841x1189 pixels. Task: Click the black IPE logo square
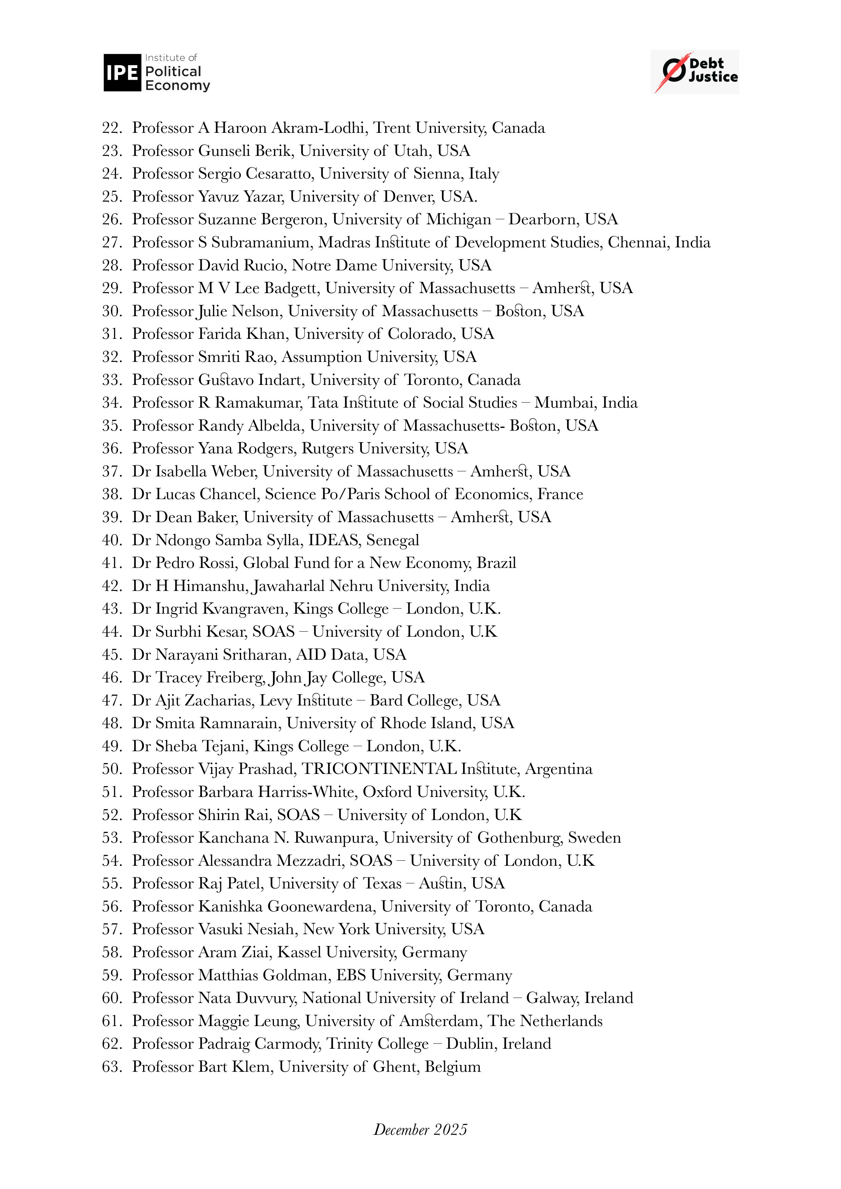122,73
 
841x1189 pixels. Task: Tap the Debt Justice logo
695,71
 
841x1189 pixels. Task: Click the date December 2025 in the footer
420,1129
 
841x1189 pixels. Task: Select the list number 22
112,128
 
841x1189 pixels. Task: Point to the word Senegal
392,540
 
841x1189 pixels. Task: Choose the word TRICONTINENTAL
379,769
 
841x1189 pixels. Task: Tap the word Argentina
559,769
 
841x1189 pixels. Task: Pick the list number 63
112,1067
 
